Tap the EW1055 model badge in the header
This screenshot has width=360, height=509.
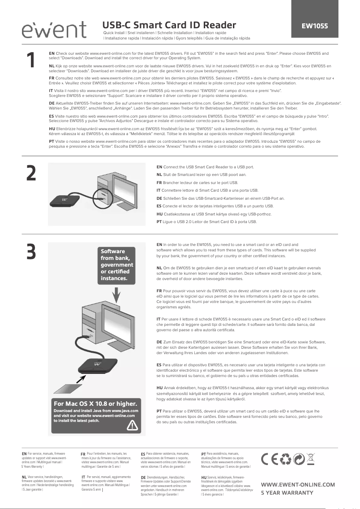[x=314, y=26]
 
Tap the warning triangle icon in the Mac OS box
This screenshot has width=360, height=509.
[x=132, y=426]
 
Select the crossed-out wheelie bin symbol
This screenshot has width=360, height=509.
[x=310, y=461]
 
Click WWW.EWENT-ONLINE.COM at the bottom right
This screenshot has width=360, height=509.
[x=298, y=484]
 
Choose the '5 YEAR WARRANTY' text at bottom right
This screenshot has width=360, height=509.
[x=287, y=492]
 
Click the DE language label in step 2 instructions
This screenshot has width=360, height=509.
[x=159, y=198]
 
